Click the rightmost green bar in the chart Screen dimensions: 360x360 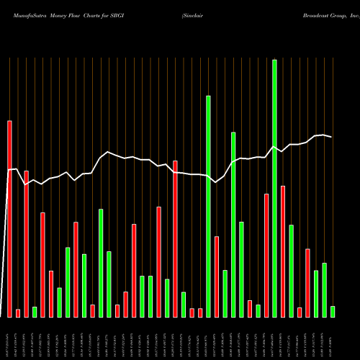point(333,311)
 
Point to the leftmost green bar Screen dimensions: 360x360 point(35,312)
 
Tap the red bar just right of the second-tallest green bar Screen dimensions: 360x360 point(217,276)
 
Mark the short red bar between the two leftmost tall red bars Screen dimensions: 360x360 point(18,313)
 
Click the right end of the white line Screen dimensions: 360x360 point(331,137)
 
